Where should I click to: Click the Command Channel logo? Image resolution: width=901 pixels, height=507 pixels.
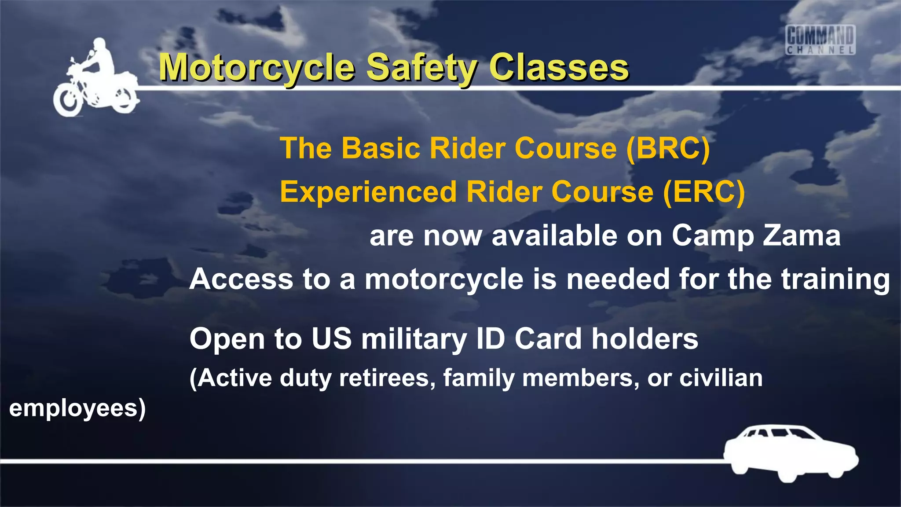click(x=820, y=40)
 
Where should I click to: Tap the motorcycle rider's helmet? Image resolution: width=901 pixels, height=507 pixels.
click(x=100, y=45)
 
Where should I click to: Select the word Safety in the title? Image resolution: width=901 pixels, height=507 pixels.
click(x=421, y=68)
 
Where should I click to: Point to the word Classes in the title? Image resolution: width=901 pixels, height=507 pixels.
click(x=559, y=68)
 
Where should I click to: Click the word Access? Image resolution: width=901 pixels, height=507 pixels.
click(x=241, y=279)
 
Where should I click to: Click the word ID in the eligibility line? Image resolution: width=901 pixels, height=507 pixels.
click(x=491, y=338)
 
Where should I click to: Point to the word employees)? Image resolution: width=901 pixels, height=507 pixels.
click(x=77, y=408)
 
